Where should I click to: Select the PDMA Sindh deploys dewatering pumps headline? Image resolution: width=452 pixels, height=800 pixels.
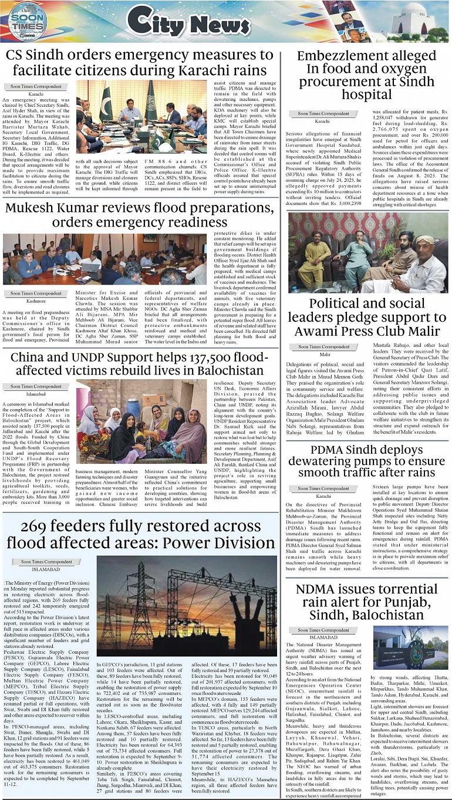(x=365, y=461)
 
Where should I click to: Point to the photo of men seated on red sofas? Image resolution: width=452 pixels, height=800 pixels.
(x=368, y=252)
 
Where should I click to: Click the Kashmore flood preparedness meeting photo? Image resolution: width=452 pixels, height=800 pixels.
(x=104, y=259)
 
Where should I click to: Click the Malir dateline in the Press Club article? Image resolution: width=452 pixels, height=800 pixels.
(x=325, y=355)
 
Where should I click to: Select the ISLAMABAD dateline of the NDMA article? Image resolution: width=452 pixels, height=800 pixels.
(x=323, y=637)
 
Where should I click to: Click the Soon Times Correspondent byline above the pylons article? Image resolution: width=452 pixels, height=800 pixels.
(x=48, y=562)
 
